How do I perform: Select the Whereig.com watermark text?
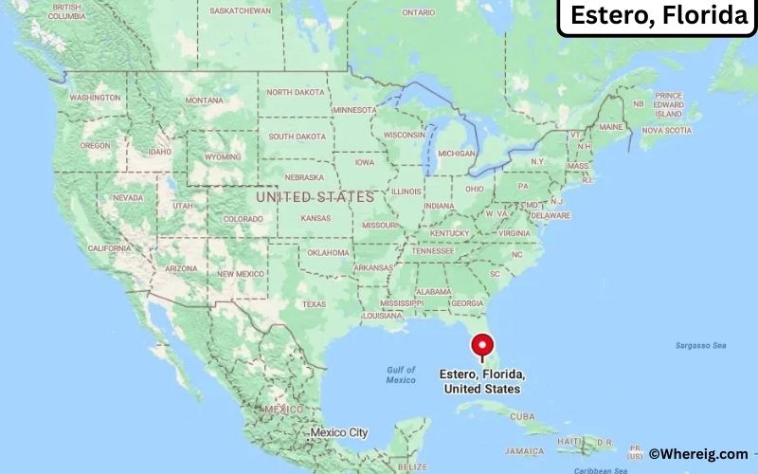(697, 454)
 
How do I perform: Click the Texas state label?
(314, 304)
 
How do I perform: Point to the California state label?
(109, 247)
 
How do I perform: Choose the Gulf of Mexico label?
(401, 374)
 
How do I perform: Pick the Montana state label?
(205, 100)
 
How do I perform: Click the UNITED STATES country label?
(316, 196)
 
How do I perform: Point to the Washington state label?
(95, 98)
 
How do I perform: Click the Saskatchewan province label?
(242, 10)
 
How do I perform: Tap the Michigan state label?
(457, 153)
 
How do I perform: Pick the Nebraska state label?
(304, 177)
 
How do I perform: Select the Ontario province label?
(418, 12)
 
